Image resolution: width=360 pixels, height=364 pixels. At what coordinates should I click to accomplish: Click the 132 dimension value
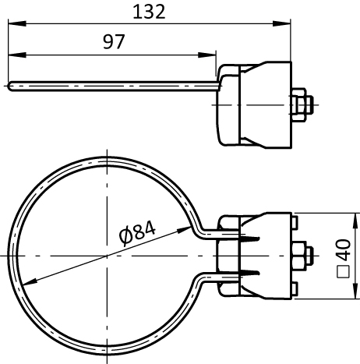(149, 12)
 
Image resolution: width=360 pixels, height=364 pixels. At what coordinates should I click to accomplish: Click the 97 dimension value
(114, 42)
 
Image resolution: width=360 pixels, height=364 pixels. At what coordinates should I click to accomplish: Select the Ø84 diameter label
(138, 233)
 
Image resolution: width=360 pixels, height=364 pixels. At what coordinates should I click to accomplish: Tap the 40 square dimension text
(344, 250)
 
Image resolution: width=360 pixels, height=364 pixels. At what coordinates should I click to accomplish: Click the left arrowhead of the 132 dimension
(17, 23)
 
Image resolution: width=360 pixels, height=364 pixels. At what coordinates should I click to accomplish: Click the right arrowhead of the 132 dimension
(281, 23)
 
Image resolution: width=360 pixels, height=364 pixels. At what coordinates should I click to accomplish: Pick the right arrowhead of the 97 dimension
(206, 55)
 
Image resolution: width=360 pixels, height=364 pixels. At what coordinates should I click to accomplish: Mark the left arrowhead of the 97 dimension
(17, 55)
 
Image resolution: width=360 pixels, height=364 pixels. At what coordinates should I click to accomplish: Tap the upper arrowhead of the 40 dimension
(355, 221)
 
